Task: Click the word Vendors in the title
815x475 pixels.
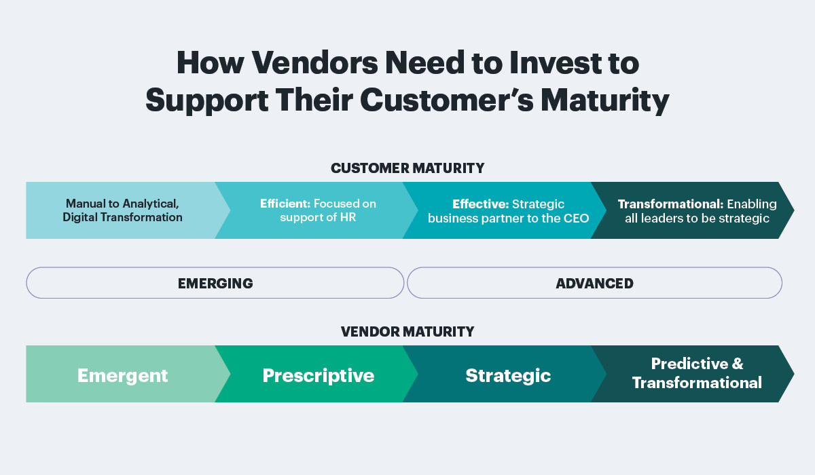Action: pos(314,63)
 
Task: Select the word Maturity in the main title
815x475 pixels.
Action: pos(604,100)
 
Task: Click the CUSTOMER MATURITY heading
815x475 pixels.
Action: pos(407,168)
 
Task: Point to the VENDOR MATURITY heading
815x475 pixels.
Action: pos(407,332)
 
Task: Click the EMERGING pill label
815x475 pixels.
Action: pos(215,284)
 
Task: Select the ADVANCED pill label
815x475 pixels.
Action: pos(594,284)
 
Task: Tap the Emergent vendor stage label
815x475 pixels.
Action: pos(123,376)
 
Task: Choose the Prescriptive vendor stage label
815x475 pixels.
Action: pos(319,376)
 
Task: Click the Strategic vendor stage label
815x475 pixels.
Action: pos(508,376)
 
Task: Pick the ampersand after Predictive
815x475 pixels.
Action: pos(737,364)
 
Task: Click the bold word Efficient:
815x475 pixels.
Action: pos(285,204)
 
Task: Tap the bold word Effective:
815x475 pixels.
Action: pos(480,204)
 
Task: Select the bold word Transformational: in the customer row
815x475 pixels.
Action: pos(670,204)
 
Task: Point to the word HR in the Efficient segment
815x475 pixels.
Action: pos(348,217)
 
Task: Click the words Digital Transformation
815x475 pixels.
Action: pos(122,217)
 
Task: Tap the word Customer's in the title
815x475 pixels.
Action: pos(447,100)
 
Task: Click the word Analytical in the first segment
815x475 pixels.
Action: pos(150,204)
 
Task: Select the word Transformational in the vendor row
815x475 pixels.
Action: pos(697,383)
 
